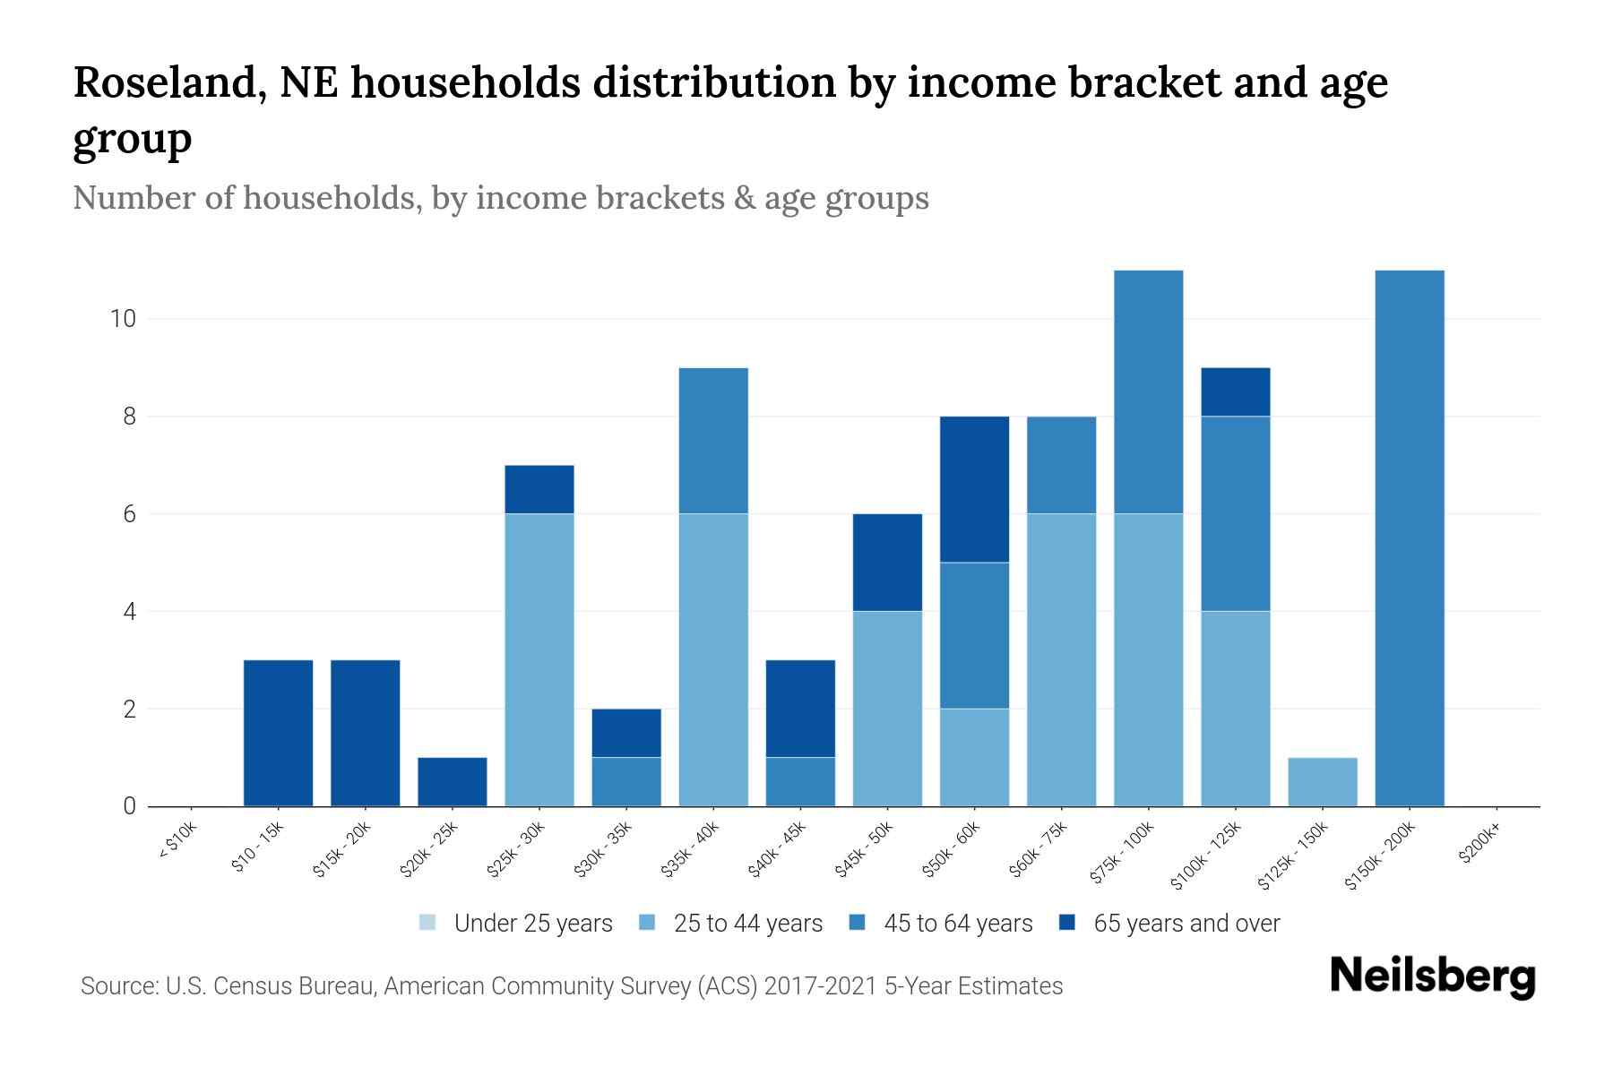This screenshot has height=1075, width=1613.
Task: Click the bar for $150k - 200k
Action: pos(1409,537)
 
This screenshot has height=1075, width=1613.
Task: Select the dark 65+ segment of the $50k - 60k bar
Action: pos(974,489)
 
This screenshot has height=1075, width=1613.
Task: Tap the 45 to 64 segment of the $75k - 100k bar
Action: pos(1148,391)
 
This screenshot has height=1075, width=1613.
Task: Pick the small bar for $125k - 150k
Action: pos(1322,782)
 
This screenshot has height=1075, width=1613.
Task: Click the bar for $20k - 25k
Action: pos(453,782)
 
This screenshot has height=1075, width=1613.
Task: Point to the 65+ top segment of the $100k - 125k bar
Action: pos(1235,391)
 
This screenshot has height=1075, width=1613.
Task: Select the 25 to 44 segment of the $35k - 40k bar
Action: pos(713,659)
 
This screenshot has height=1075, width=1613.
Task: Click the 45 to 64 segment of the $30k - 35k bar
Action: pos(626,782)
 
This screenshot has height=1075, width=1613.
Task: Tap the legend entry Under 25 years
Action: pos(532,924)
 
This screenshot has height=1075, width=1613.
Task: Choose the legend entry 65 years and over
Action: pos(1186,924)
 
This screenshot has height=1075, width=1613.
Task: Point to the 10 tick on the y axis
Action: pos(122,319)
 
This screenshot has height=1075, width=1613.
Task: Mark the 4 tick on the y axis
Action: pos(129,612)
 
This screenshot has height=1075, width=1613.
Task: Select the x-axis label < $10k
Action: pos(177,842)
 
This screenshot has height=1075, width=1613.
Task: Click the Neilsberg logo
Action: pos(1432,976)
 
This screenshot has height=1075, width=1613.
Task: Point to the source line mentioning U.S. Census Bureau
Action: pos(571,986)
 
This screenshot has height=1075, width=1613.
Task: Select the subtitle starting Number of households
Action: pos(500,198)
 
